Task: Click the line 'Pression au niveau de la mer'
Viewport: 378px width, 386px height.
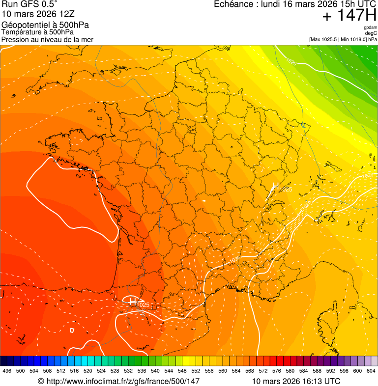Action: pos(47,39)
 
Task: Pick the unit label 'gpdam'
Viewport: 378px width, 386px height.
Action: pos(370,28)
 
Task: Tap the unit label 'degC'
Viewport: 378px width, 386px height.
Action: pos(371,33)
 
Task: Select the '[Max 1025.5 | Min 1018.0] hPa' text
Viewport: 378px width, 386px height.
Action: pos(343,39)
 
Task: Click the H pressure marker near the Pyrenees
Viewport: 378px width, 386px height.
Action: pos(132,301)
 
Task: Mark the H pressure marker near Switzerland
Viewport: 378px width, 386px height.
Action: pos(275,187)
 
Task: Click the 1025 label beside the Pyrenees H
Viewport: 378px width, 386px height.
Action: pos(143,305)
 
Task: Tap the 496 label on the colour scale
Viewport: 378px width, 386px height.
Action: pos(7,371)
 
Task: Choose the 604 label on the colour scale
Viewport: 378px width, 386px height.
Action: pos(371,371)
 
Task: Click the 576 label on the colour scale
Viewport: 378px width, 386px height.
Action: pos(277,371)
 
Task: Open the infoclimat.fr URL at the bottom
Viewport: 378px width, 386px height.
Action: pos(118,381)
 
